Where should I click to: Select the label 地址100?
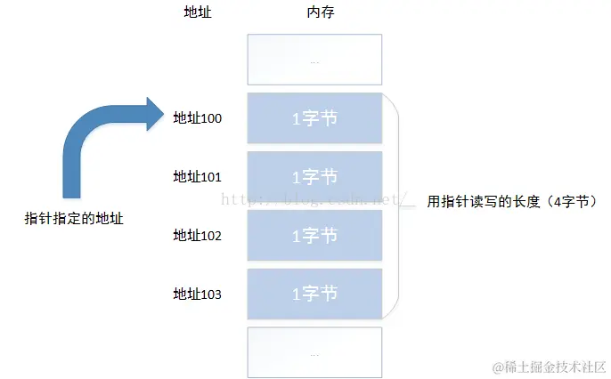point(197,117)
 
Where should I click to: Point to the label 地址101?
point(197,176)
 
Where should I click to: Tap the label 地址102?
point(197,235)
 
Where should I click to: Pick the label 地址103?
point(197,294)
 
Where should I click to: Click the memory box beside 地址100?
point(315,118)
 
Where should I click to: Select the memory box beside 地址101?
point(315,176)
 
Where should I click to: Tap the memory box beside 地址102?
point(315,235)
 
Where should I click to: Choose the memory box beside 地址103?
point(315,294)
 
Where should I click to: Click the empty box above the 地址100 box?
point(315,60)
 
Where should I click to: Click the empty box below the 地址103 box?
point(315,352)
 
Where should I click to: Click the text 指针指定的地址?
point(73,218)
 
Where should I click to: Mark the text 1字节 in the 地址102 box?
point(315,235)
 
